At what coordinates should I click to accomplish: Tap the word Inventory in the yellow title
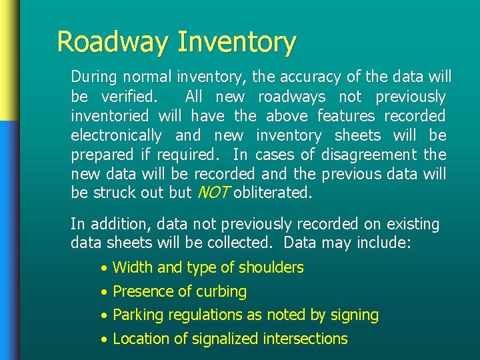point(237,42)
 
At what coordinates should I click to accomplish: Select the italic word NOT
point(213,193)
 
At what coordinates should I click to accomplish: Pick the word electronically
point(116,135)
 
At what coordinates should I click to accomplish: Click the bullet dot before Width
point(103,269)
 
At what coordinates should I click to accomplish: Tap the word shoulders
point(271,268)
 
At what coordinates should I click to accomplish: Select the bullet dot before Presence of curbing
point(103,293)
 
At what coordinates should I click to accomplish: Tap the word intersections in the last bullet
point(305,339)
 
